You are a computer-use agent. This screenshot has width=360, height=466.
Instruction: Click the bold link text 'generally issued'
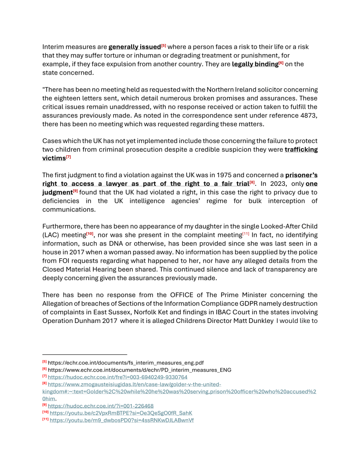click(134, 47)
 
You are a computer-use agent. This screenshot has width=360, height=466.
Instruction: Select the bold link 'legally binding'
click(254, 64)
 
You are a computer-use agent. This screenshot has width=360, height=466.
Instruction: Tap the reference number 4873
click(307, 115)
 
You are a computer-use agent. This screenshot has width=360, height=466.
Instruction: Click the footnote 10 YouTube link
click(121, 413)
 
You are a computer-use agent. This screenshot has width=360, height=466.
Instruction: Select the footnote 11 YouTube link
click(122, 420)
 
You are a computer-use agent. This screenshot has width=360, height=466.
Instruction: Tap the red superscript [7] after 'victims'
click(69, 157)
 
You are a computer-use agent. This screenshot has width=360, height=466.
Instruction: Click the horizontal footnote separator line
click(84, 354)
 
